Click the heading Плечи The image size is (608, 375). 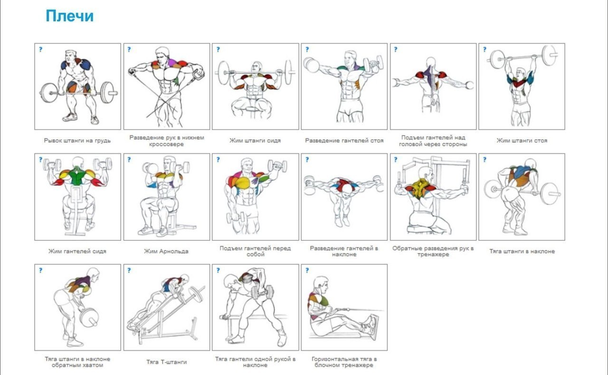tap(69, 16)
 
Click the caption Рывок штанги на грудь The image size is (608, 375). tap(77, 141)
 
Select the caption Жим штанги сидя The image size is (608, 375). tap(255, 141)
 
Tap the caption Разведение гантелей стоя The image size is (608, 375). tap(344, 141)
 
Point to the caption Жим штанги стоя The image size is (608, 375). tap(522, 141)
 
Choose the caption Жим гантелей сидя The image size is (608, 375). tap(77, 251)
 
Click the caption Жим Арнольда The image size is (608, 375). tap(166, 251)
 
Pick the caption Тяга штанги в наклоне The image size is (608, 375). tap(522, 251)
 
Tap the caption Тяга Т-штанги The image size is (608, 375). tap(166, 362)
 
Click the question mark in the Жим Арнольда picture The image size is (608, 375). tap(129, 160)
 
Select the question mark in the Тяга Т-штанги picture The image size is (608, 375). tap(129, 271)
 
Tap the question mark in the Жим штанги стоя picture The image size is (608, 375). tap(484, 49)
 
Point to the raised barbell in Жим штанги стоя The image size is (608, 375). tap(522, 56)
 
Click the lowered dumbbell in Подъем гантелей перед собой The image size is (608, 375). tap(235, 217)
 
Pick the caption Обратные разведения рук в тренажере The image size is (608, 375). tap(433, 251)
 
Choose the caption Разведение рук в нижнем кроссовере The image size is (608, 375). tap(166, 141)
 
